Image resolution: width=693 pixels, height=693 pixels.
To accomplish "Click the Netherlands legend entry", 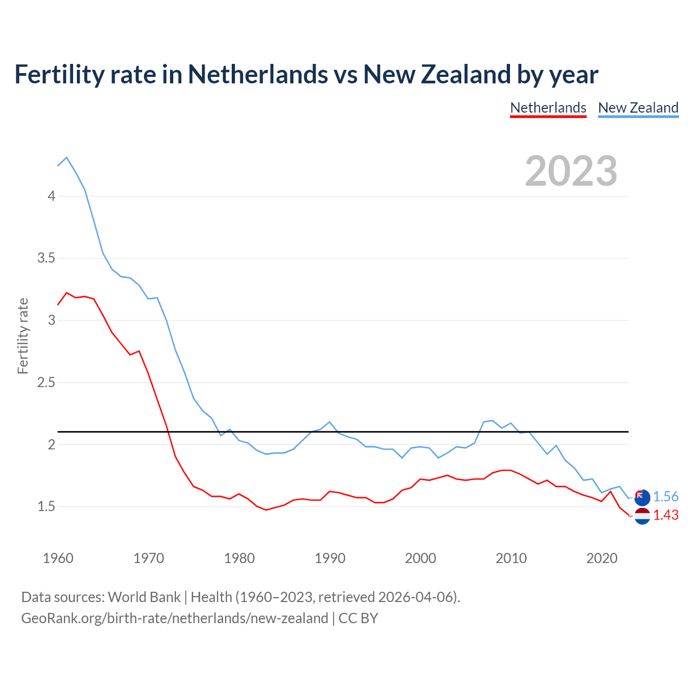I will pos(548,108).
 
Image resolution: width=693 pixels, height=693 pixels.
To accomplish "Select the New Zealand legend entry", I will pos(638,108).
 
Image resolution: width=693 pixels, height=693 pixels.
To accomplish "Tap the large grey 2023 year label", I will pos(571,171).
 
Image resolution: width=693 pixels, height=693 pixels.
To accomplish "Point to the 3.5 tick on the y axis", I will pos(47,258).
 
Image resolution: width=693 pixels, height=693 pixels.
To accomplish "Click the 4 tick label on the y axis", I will pos(51,196).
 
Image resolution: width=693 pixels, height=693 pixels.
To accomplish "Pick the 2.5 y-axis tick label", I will pos(47,383).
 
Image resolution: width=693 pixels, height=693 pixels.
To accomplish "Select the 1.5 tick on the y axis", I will pos(47,507).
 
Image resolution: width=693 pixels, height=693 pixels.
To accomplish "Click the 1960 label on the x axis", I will pos(58,558).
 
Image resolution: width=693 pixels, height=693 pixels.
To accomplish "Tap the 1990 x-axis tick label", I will pos(330,558).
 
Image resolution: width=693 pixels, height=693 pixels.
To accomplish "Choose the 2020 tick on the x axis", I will pos(602,558).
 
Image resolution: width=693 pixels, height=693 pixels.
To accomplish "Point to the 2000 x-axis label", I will pos(420,558).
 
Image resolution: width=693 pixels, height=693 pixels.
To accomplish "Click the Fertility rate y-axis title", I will pos(23,336).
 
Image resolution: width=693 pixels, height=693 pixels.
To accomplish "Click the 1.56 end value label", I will pos(665,497).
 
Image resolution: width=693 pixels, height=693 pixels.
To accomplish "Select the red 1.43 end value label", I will pos(665,515).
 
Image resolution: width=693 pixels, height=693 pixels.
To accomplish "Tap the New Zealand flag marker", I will pos(642,497).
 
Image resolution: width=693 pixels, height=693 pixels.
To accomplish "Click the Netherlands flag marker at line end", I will pos(642,516).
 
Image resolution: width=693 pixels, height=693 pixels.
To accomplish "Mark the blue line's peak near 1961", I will pos(67,158).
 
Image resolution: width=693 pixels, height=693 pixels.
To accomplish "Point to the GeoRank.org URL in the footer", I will pos(174,618).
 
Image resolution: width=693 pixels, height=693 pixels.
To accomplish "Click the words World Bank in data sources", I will pos(144,597).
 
